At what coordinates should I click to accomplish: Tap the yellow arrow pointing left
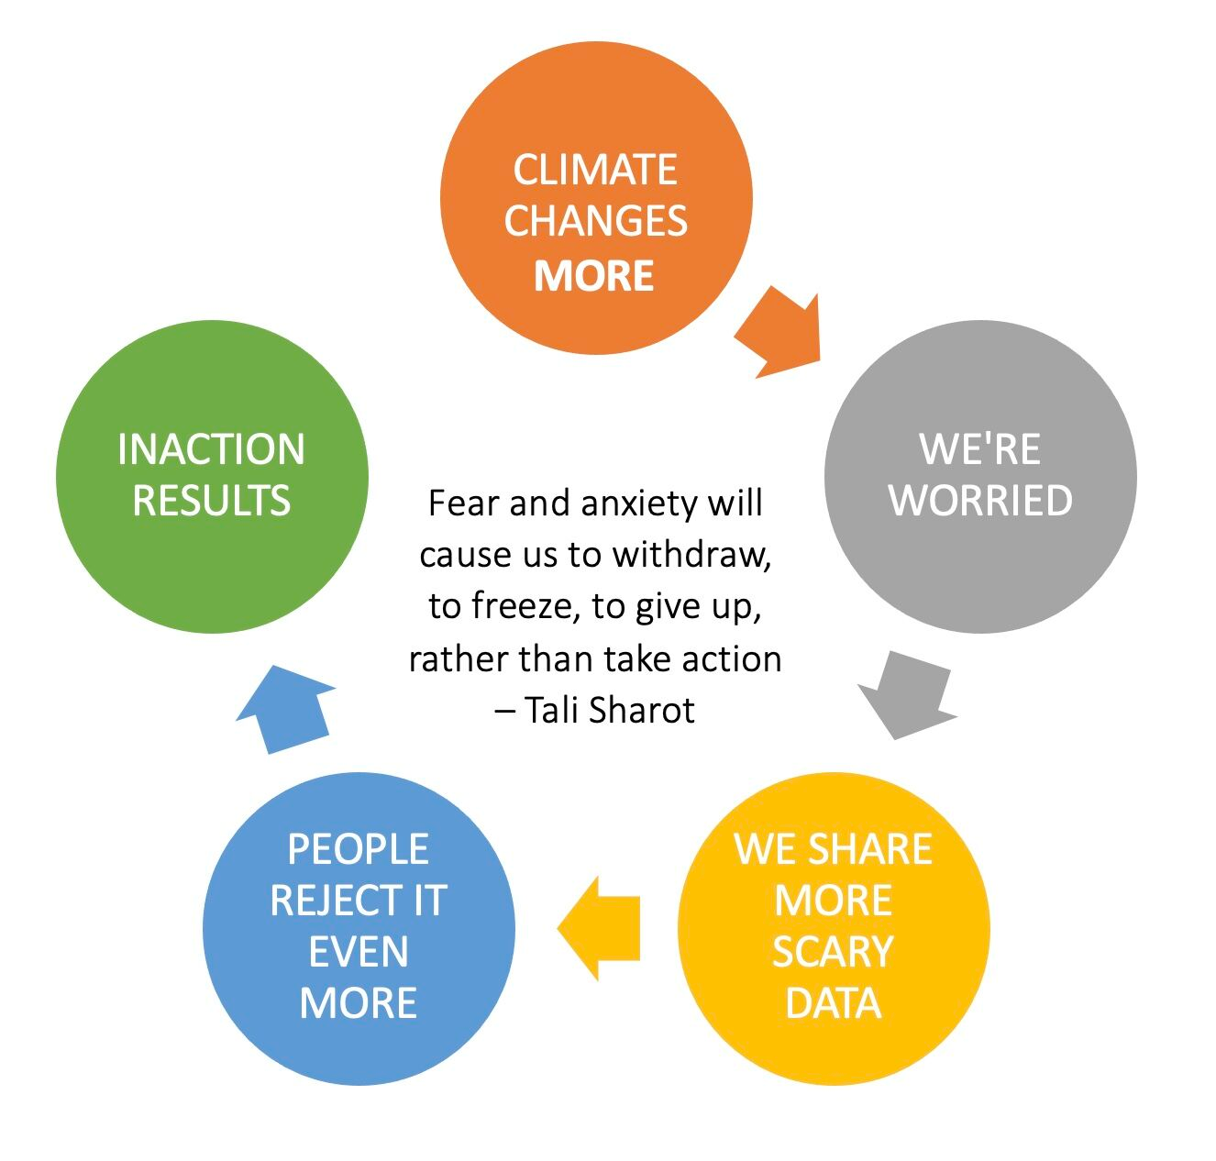tap(598, 928)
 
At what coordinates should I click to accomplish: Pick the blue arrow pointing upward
tap(285, 709)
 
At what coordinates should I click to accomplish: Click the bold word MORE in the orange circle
tap(593, 275)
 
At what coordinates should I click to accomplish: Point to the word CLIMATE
tap(595, 170)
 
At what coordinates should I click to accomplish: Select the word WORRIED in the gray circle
tap(980, 501)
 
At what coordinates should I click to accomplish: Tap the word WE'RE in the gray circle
tap(979, 449)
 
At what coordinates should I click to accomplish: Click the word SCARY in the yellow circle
tap(833, 952)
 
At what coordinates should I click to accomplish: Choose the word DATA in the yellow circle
tap(833, 1003)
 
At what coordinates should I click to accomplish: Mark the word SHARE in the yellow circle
tap(871, 848)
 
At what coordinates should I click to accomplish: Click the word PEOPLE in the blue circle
tap(358, 849)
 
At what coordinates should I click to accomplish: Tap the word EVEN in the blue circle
tap(358, 952)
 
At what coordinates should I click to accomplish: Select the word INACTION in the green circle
tap(211, 449)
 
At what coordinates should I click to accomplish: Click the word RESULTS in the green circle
tap(211, 501)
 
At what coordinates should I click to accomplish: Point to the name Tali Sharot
tap(609, 710)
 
